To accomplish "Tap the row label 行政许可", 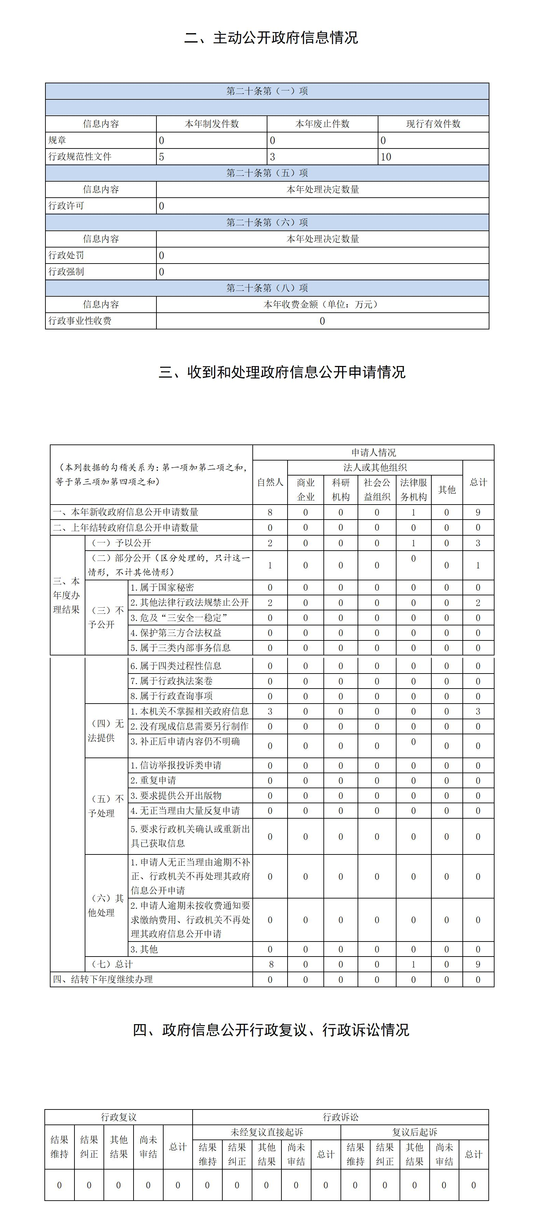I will [67, 206].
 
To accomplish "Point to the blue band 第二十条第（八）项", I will [267, 288].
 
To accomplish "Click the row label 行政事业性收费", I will [80, 321].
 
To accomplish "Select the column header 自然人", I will [270, 482].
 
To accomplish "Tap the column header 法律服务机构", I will [414, 489].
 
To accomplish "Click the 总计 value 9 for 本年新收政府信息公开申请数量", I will [478, 512].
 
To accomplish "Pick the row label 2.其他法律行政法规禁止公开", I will [190, 603].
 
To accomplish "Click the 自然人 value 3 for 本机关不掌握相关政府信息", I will [270, 711].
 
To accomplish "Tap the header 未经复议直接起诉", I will [267, 1132].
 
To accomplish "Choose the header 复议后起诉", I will [414, 1132].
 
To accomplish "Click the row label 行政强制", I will [67, 271].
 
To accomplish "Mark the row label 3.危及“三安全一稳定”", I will [179, 618].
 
